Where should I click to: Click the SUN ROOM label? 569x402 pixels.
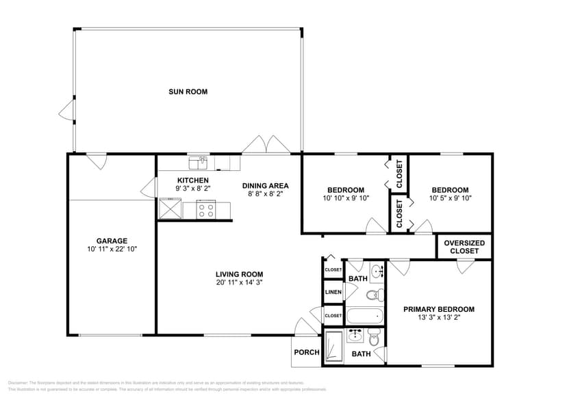[188, 92]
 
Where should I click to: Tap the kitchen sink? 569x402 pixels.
[199, 163]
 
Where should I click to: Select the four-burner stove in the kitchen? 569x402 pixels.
[206, 209]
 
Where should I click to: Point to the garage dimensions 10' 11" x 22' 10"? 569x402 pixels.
[112, 249]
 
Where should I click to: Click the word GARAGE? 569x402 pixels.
[112, 241]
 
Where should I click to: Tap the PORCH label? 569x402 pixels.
[306, 353]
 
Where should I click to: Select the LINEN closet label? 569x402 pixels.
[333, 293]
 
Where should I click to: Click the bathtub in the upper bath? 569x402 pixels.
[365, 317]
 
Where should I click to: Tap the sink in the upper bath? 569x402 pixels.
[376, 271]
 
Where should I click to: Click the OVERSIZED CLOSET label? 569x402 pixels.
[464, 247]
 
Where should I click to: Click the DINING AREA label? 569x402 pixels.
[265, 185]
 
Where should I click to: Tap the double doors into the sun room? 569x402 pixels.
[267, 145]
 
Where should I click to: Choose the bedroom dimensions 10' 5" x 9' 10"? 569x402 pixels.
[450, 198]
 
